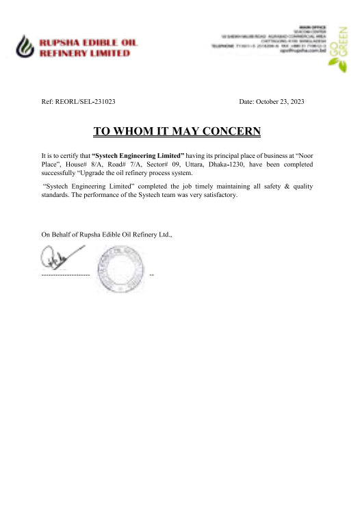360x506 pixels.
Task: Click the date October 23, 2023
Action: point(281,102)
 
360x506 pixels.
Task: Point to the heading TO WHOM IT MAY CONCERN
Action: point(177,131)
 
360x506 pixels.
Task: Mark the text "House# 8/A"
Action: point(83,165)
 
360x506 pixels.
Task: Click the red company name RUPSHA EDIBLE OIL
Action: point(88,42)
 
